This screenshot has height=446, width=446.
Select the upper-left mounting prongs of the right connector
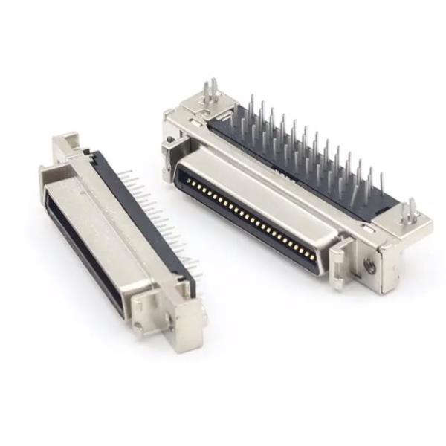tap(211, 93)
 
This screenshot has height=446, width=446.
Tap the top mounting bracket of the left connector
tap(67, 145)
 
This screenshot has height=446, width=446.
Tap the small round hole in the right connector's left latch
tap(171, 140)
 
